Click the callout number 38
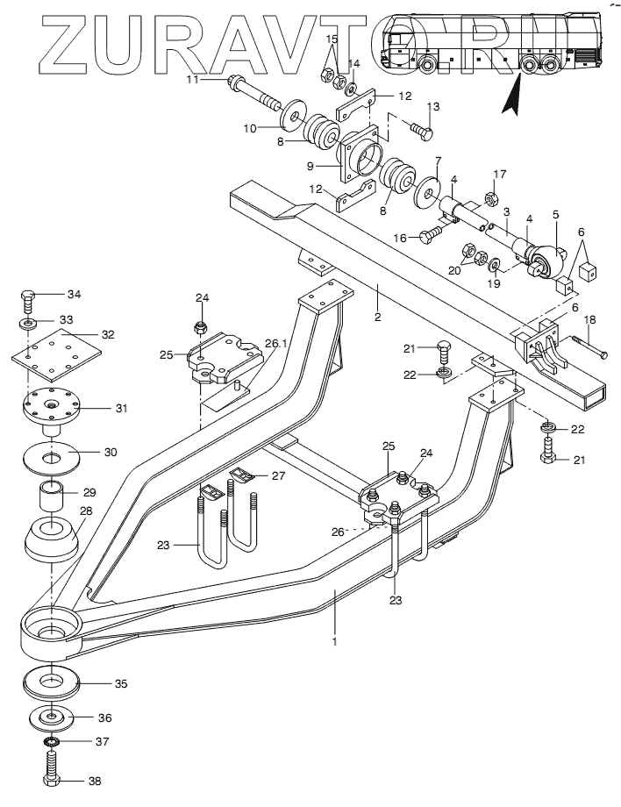point(95,781)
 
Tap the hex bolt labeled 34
point(29,302)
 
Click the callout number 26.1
point(276,343)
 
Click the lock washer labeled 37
point(52,741)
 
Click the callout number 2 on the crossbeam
point(378,317)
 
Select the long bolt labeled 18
point(587,346)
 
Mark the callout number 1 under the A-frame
point(335,642)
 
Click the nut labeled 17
point(491,197)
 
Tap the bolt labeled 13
point(421,129)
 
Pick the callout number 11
point(192,79)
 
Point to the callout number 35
point(121,683)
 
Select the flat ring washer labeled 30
point(52,456)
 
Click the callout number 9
point(310,166)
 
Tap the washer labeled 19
point(494,265)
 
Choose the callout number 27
point(278,475)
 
